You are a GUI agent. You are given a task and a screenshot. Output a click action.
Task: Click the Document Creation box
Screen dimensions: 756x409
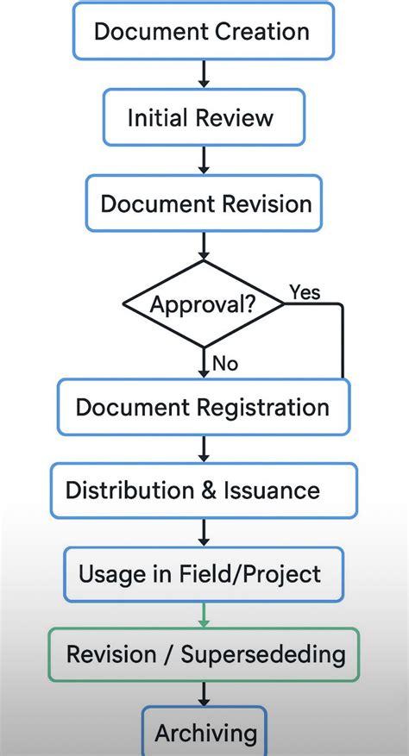click(x=202, y=32)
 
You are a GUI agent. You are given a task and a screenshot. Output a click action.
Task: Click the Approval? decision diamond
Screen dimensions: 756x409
click(x=204, y=304)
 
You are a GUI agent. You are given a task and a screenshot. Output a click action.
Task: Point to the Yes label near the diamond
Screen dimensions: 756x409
click(x=305, y=292)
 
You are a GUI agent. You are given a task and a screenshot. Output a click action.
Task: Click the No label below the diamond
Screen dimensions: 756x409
click(x=224, y=364)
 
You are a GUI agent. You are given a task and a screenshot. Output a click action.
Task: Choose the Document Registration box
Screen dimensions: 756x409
click(x=204, y=407)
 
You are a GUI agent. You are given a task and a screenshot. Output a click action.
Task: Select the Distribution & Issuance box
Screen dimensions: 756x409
click(x=204, y=490)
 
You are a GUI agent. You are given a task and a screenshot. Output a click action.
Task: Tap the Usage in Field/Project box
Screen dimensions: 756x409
click(x=204, y=573)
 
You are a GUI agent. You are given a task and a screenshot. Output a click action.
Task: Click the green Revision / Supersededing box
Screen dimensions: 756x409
click(x=204, y=653)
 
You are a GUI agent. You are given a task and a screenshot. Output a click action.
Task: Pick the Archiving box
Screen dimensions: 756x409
click(x=204, y=733)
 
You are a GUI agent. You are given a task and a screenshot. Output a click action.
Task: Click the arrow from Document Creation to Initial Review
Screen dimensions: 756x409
click(x=204, y=74)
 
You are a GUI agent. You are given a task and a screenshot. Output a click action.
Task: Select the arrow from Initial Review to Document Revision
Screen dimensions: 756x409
click(x=204, y=160)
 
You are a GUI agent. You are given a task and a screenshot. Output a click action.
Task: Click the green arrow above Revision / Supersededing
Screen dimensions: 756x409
click(x=204, y=615)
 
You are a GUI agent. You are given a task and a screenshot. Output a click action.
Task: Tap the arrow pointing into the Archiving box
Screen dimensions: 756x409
click(x=204, y=694)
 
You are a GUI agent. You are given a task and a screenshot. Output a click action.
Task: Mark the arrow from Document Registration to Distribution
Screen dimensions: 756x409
click(x=204, y=448)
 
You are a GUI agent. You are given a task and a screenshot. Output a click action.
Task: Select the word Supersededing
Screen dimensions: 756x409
click(x=263, y=653)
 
